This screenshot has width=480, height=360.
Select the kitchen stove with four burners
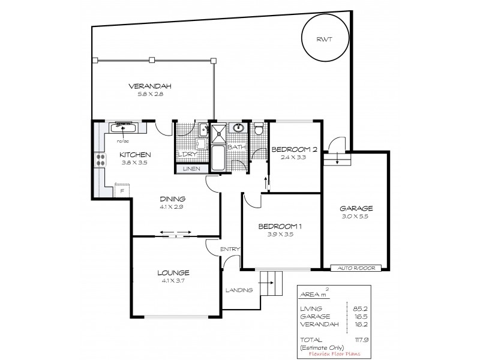[97, 160]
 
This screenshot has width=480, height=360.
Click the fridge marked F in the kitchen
[122, 191]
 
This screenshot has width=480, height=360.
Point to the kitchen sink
[124, 127]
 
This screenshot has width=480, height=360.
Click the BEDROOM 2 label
[294, 149]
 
